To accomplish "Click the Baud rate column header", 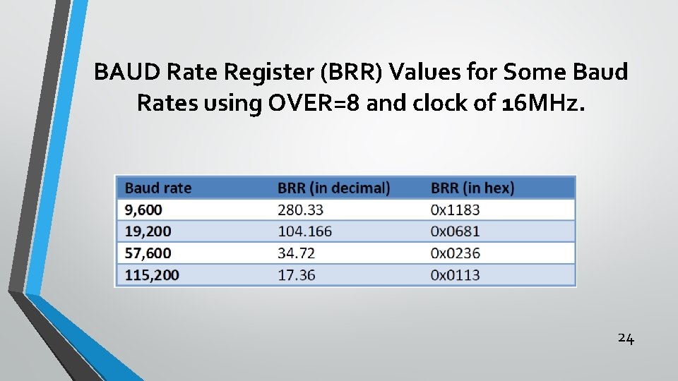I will (158, 188).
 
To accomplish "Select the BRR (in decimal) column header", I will (333, 188).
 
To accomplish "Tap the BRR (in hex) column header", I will (472, 188).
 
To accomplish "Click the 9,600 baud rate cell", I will (143, 210).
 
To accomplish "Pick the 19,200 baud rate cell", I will (148, 231).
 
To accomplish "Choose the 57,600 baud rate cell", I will (148, 253).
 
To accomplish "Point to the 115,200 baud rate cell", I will (152, 274).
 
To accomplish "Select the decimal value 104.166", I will (304, 231).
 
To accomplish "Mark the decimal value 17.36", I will (297, 274).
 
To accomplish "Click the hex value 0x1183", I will (455, 210).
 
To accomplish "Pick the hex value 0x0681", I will (455, 231).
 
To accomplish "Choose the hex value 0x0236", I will (455, 253).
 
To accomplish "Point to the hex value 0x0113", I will (455, 274).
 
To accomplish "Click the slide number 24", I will (626, 338).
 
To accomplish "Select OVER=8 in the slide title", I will (305, 103).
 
